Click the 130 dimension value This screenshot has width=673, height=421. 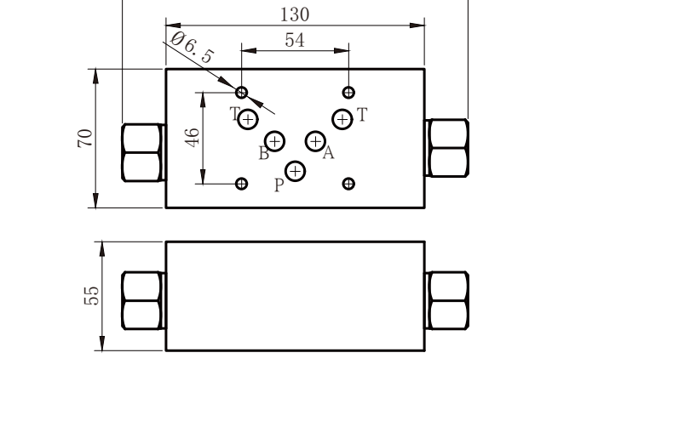[295, 14]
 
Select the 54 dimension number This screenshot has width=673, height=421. [295, 40]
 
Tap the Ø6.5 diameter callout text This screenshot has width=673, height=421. [192, 48]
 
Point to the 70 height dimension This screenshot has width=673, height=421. [85, 138]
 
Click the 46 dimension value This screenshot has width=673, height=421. [193, 138]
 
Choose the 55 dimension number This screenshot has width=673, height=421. [91, 295]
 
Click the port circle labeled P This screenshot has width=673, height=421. [296, 172]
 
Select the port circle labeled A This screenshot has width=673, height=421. [315, 141]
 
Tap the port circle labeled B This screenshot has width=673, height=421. [275, 141]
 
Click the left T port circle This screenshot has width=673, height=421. [248, 120]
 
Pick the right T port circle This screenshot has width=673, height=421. [342, 120]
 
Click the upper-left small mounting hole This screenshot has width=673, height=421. [242, 93]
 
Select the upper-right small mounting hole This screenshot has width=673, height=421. [349, 93]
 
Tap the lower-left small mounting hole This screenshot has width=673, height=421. [242, 184]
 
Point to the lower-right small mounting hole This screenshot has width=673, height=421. [349, 184]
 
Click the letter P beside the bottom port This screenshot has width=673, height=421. [279, 185]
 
